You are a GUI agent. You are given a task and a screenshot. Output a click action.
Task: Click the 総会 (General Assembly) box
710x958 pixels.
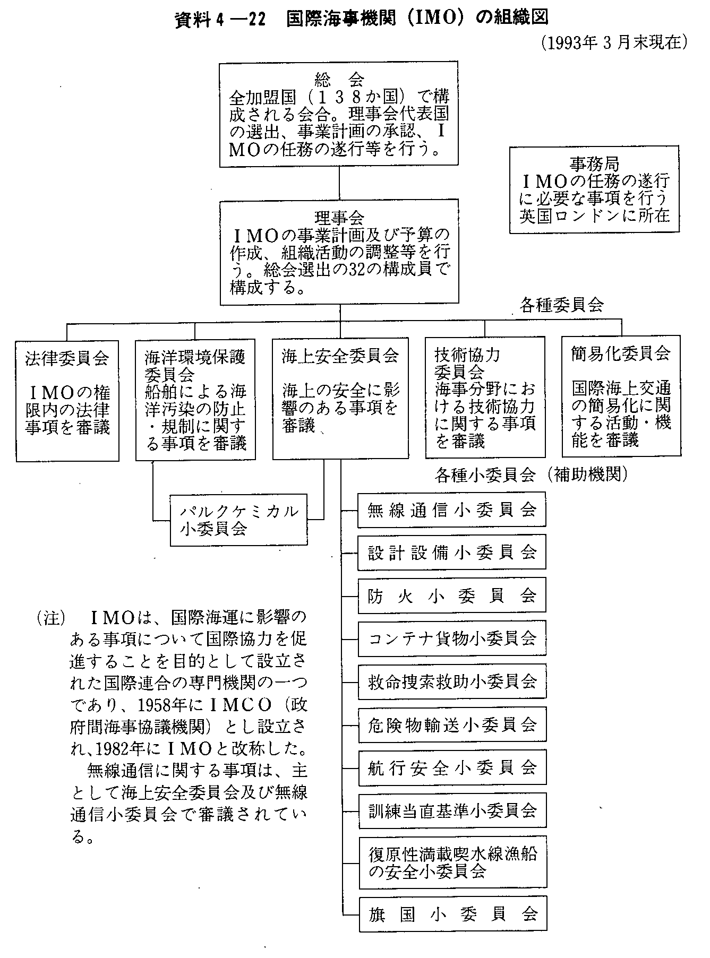339,114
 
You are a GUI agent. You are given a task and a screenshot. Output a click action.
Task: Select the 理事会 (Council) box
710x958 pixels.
339,252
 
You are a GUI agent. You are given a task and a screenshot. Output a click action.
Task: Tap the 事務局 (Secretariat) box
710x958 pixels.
594,190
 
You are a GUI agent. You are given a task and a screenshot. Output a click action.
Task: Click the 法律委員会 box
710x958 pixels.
67,401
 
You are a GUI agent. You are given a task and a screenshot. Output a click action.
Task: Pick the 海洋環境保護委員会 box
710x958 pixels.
195,400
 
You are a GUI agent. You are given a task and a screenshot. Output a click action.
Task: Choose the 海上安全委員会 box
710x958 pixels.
340,398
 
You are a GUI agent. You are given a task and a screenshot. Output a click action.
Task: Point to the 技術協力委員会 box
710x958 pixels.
485,397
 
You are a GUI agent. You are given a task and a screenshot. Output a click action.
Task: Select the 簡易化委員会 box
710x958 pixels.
621,396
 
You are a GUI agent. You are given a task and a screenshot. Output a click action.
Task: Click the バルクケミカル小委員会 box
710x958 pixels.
239,520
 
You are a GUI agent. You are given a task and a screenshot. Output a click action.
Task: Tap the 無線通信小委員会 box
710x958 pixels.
452,510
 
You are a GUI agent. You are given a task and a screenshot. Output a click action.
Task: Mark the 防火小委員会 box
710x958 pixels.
452,596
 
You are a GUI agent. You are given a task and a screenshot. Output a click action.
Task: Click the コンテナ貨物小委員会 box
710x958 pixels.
452,638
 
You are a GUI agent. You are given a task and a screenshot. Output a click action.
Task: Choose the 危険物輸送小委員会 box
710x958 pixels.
452,725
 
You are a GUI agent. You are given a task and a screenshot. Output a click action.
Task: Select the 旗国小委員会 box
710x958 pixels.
452,914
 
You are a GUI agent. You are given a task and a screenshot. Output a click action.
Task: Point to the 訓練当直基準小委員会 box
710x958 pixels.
452,811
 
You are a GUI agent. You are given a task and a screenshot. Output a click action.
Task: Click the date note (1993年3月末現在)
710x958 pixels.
614,42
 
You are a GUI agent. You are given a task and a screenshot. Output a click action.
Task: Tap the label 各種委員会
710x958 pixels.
562,306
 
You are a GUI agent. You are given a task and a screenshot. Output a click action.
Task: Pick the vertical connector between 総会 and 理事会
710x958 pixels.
339,183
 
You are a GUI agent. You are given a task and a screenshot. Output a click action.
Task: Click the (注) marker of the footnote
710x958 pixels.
52,619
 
